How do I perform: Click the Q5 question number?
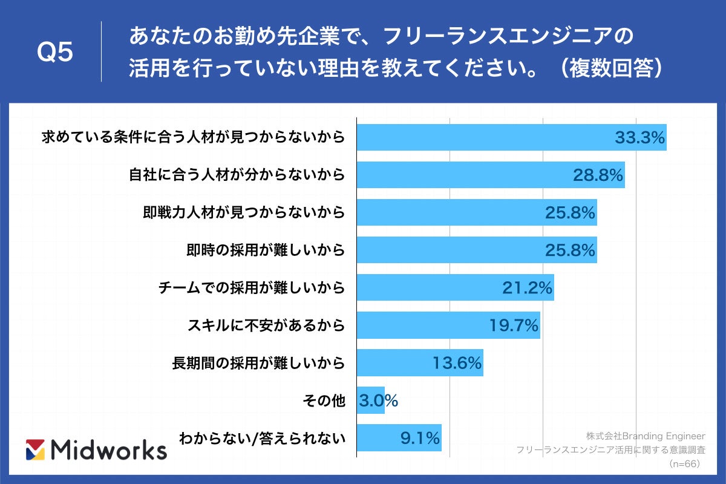(55, 53)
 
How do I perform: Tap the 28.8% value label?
(598, 175)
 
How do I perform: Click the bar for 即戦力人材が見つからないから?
(477, 212)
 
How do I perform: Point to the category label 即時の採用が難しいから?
(266, 250)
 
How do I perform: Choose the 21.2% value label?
(527, 288)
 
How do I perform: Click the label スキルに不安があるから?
(266, 325)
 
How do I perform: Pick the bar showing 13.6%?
(420, 363)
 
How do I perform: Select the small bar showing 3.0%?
(371, 401)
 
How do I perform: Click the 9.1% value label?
(419, 438)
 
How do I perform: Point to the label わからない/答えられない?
(262, 438)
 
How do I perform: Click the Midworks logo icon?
(36, 450)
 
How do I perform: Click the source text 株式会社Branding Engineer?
(646, 436)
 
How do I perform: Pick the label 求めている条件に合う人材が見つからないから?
(193, 137)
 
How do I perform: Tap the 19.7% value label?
(514, 325)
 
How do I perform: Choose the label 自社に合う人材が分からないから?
(237, 175)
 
